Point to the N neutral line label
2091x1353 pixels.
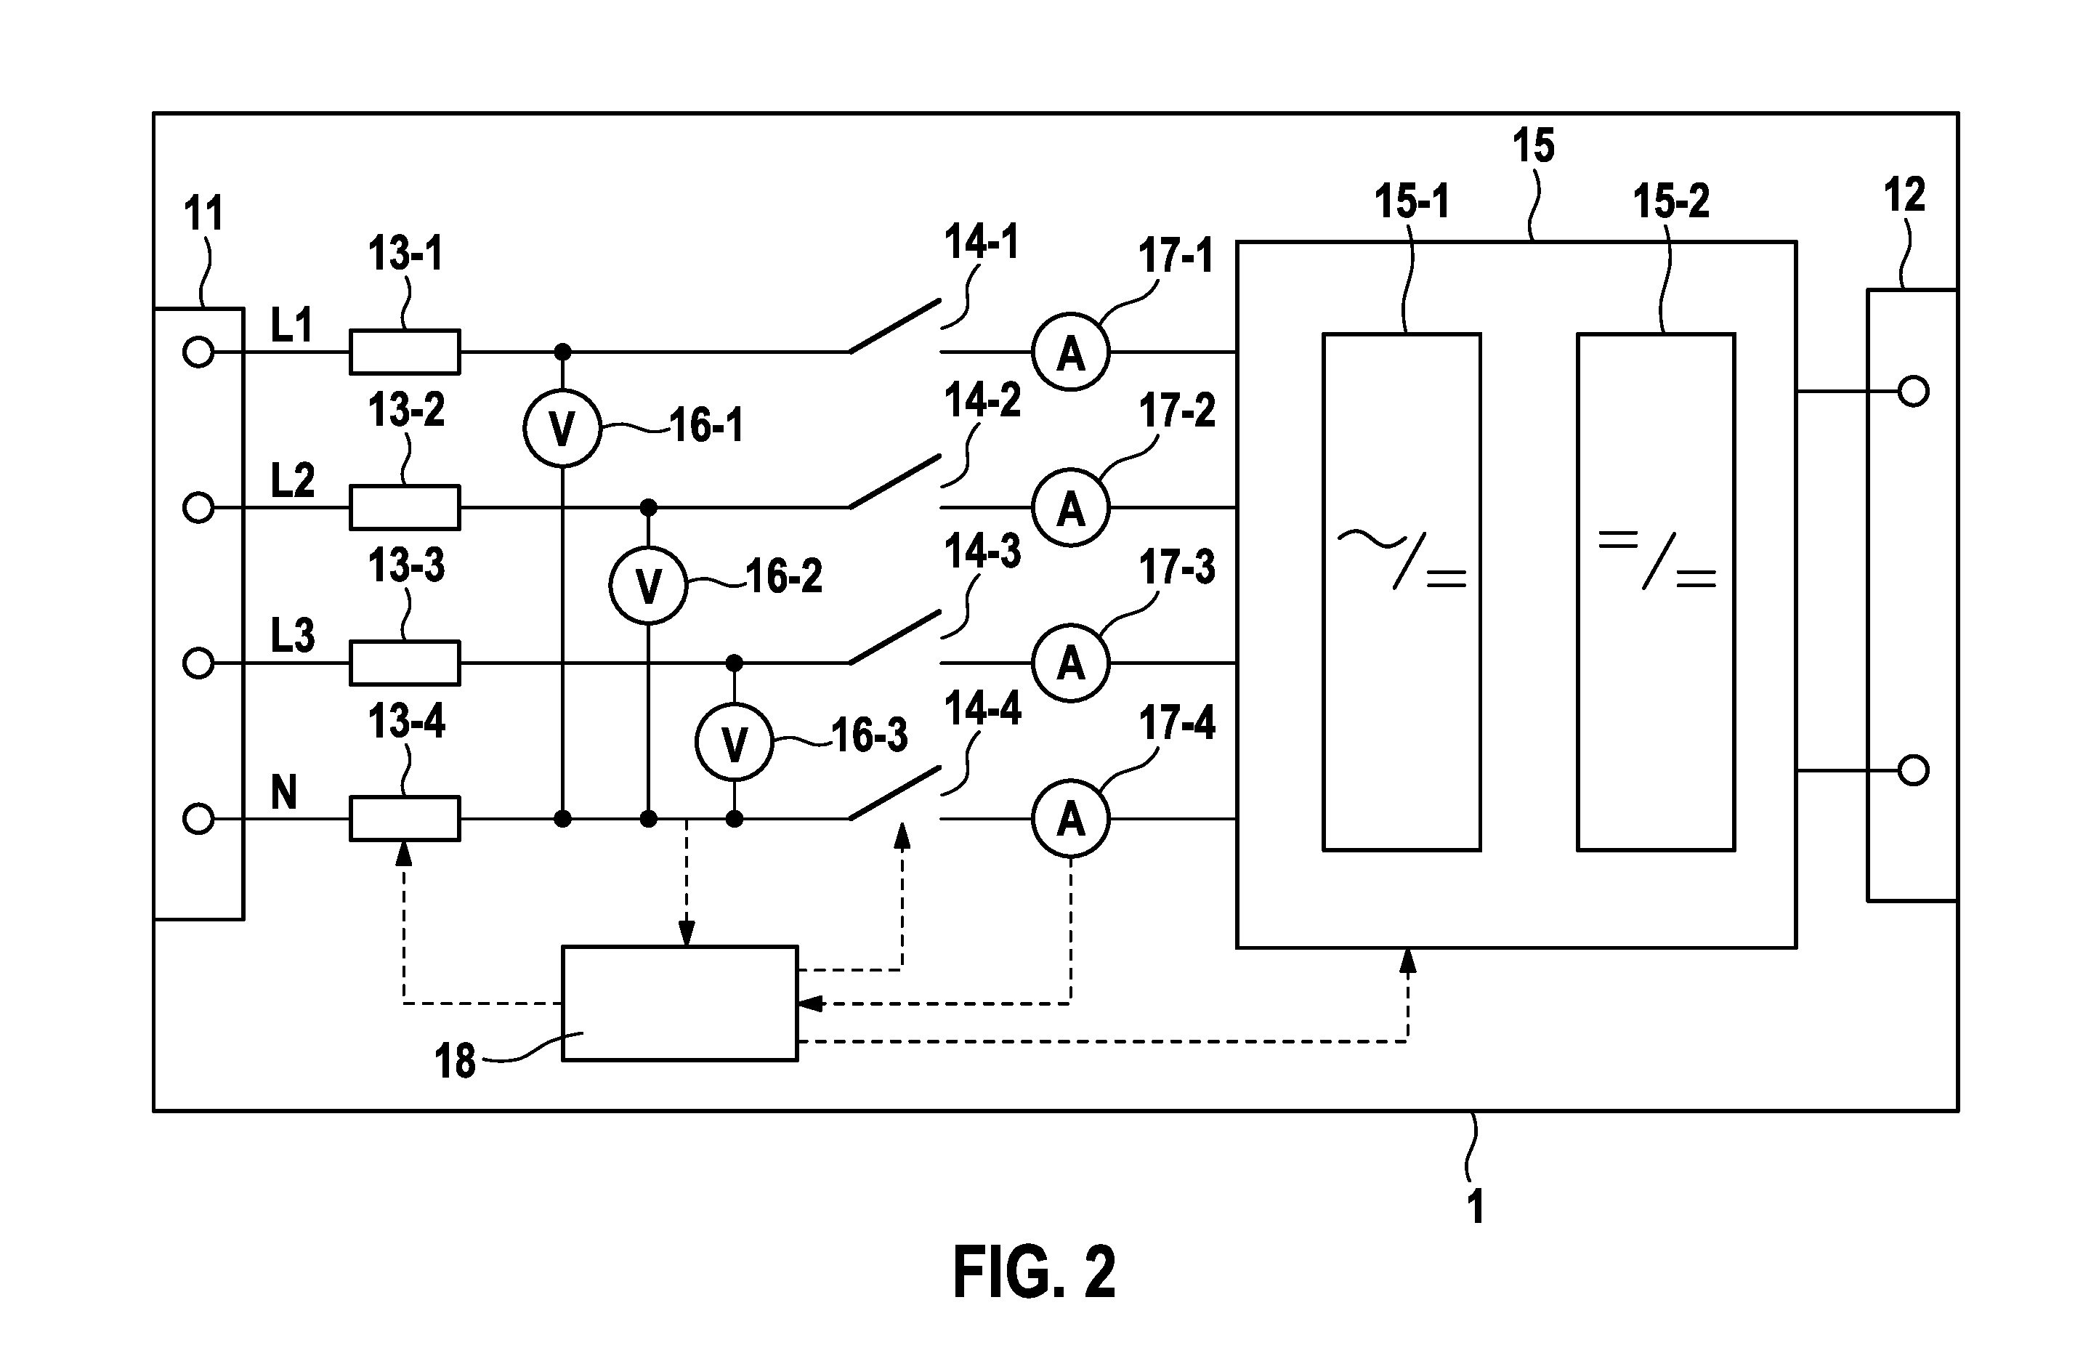[283, 791]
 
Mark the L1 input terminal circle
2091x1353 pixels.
[198, 352]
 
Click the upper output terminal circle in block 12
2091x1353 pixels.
[1914, 391]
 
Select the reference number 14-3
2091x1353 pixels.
[983, 552]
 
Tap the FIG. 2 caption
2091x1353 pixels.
[1034, 1272]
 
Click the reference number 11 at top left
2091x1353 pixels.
[203, 214]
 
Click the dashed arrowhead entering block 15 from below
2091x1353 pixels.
[1408, 961]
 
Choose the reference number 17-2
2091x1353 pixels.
[1177, 411]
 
